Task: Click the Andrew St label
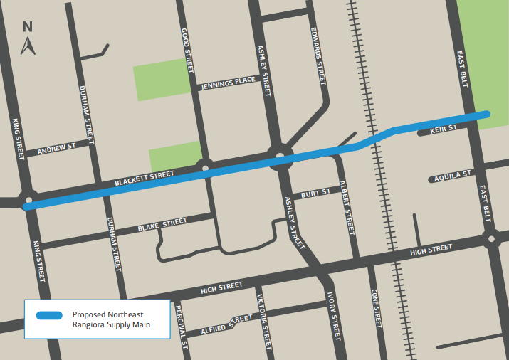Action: point(56,149)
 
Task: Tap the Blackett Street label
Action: point(145,179)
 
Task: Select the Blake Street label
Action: point(162,226)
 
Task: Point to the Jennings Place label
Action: point(228,83)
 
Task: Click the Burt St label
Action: point(315,193)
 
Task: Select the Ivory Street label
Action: point(334,314)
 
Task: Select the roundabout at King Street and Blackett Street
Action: point(28,200)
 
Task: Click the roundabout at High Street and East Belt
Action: point(490,238)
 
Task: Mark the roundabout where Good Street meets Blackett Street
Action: point(206,170)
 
